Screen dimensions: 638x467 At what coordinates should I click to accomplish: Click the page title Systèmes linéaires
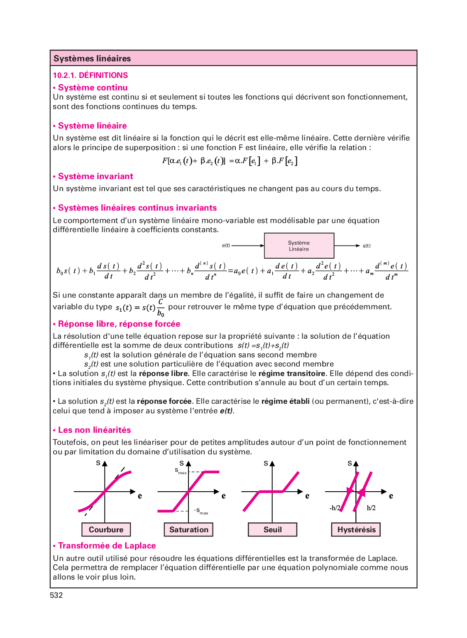point(92,58)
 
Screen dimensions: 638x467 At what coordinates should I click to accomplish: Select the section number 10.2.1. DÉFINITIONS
point(90,75)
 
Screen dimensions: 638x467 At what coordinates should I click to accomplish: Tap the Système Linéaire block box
point(299,246)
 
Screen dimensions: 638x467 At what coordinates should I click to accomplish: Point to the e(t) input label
point(226,246)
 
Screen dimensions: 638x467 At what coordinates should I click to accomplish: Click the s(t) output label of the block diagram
point(367,246)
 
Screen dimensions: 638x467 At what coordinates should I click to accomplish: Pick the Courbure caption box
point(106,530)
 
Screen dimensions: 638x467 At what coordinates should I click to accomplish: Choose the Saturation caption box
point(189,530)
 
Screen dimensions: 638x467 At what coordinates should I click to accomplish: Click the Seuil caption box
point(272,530)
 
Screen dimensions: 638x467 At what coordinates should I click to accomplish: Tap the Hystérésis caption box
point(356,530)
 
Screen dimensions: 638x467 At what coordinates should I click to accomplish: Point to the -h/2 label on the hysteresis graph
point(335,508)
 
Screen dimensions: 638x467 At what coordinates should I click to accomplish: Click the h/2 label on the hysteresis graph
point(371,508)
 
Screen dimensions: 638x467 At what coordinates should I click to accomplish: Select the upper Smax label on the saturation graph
point(181,471)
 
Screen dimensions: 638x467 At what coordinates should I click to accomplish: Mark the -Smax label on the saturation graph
point(201,511)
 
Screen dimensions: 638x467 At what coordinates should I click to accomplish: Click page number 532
point(56,595)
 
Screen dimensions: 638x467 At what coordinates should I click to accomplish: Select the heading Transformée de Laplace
point(107,546)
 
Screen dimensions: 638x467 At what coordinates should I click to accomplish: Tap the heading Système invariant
point(95,177)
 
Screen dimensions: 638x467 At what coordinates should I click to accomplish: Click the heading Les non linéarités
point(94,430)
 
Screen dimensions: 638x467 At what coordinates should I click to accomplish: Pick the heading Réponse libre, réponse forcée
point(119,324)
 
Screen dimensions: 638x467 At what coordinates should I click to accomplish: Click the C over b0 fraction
point(161,308)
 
